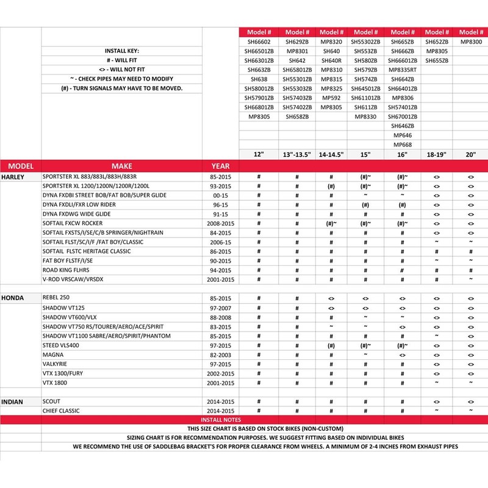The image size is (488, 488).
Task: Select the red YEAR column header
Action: [221, 166]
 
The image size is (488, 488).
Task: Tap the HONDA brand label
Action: [12, 298]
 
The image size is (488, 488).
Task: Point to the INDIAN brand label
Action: [13, 402]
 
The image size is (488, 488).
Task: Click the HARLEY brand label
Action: [13, 176]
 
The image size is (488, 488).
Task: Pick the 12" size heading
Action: [260, 155]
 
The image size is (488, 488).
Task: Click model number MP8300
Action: [471, 42]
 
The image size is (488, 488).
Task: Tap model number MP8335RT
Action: [403, 70]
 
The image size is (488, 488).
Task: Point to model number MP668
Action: [403, 144]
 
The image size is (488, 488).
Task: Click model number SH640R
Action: [331, 61]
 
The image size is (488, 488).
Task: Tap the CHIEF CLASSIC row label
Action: [62, 411]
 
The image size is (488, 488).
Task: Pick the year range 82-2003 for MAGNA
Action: [221, 355]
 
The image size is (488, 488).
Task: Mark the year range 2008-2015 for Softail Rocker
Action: [221, 223]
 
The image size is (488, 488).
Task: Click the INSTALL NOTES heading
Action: [221, 420]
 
